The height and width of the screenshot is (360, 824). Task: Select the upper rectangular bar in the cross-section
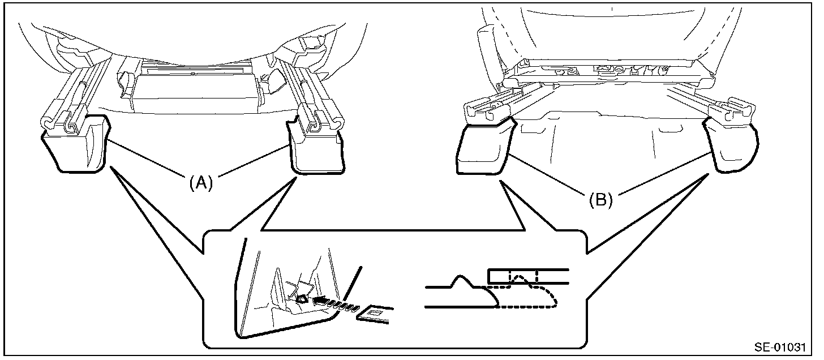click(x=529, y=276)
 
